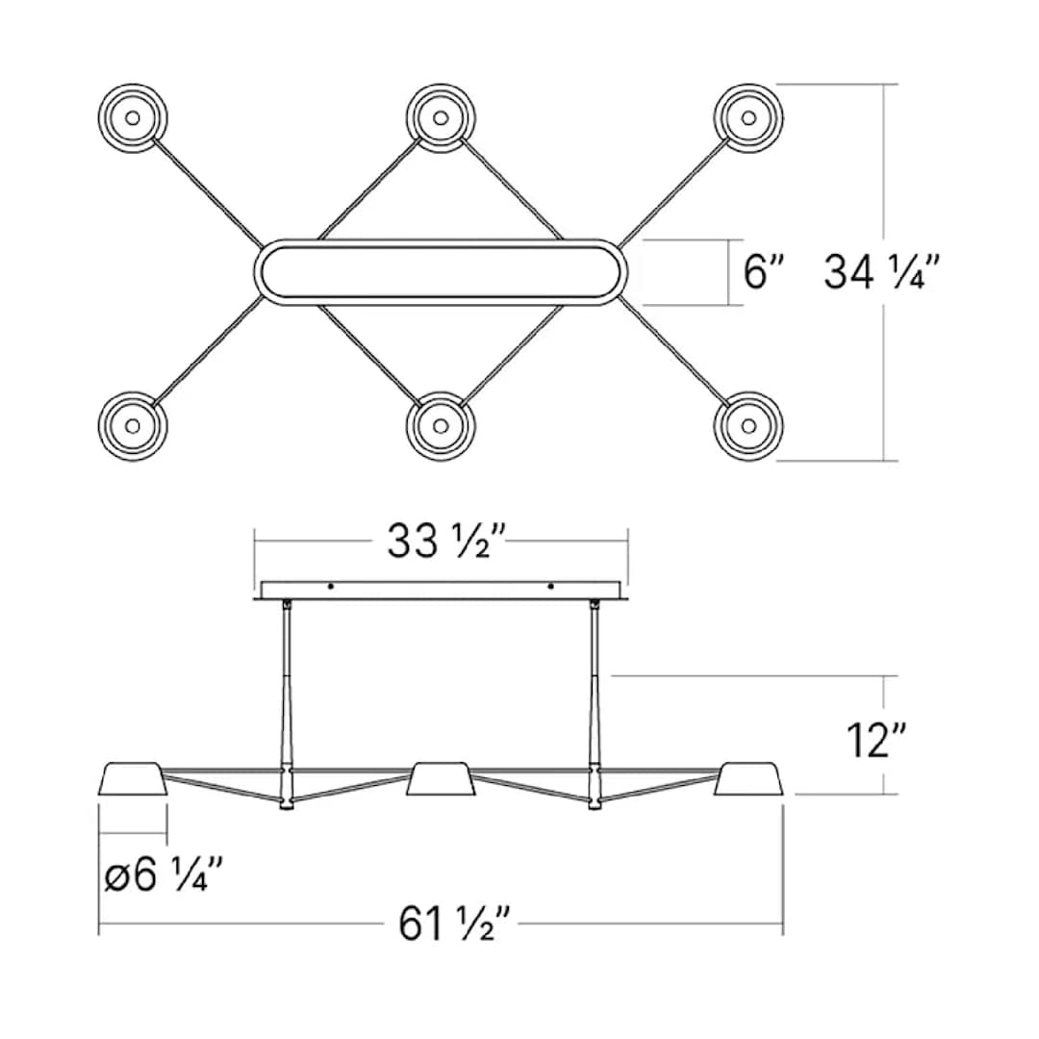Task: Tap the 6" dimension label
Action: (x=766, y=273)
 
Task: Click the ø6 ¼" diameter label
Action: (x=164, y=876)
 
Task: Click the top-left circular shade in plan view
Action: (x=133, y=118)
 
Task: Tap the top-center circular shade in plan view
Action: (x=441, y=118)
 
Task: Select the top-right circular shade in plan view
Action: (x=748, y=118)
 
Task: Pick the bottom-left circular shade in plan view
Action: (x=133, y=425)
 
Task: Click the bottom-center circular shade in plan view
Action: (x=441, y=425)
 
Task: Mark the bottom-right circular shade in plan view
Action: (x=748, y=425)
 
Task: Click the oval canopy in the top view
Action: (x=441, y=272)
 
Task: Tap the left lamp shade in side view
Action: (x=134, y=779)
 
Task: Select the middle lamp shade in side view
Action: (x=441, y=779)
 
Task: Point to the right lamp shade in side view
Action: (x=748, y=779)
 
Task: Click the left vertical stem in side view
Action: (x=287, y=693)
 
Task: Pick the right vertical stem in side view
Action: (x=595, y=693)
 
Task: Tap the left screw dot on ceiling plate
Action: (x=331, y=587)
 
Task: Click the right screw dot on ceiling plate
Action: (x=550, y=587)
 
